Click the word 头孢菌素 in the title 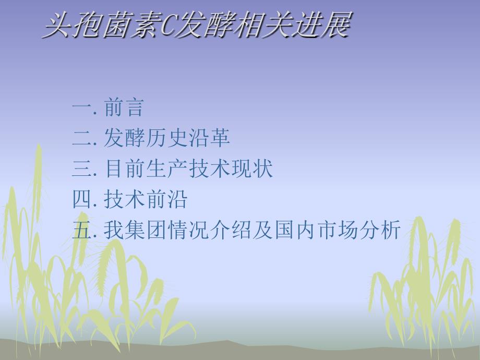[101, 25]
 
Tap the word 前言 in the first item [124, 107]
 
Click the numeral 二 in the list [82, 138]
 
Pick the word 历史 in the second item [166, 137]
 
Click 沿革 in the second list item [209, 137]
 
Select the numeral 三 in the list [82, 169]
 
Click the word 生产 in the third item [166, 169]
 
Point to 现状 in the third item [251, 169]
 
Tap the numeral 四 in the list [82, 199]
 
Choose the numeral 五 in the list [82, 230]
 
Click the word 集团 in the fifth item [146, 230]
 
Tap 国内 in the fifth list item [294, 230]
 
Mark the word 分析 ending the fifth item [380, 230]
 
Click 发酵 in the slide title [205, 25]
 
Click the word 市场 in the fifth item [337, 230]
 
